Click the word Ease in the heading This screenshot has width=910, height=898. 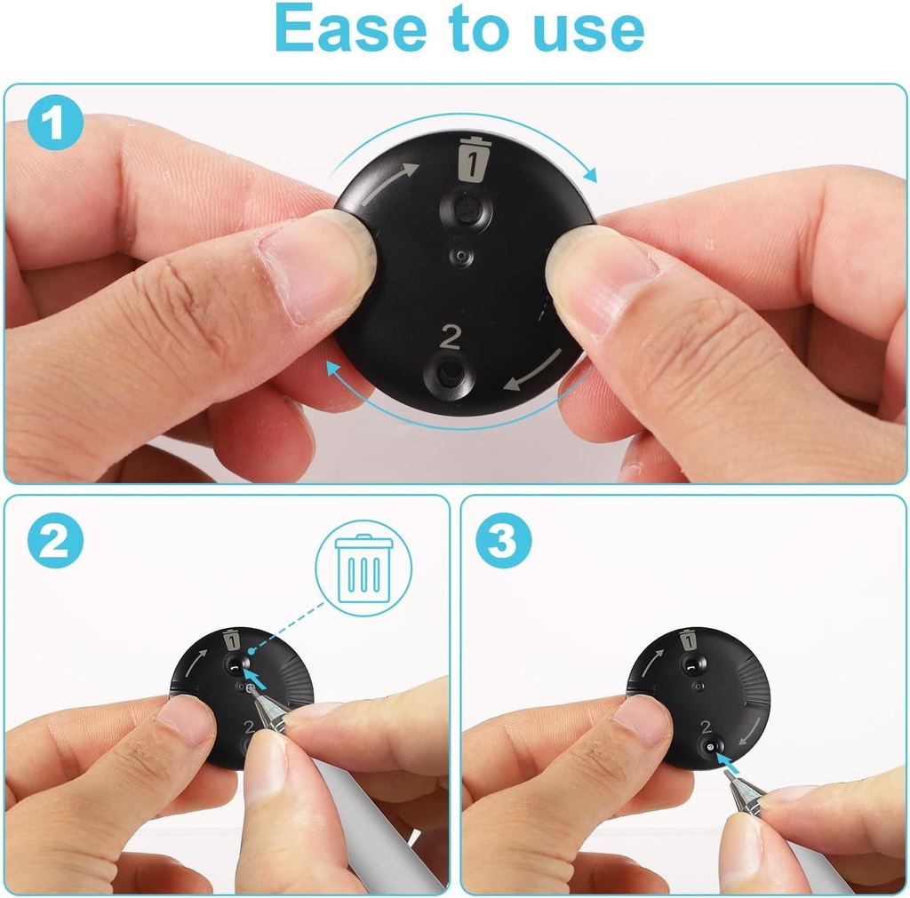350,28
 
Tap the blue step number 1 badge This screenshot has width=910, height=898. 54,123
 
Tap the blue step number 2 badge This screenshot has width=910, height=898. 55,540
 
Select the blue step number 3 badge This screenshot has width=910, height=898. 503,540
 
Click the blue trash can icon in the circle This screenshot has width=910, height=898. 363,568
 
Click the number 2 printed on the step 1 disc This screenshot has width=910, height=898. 451,337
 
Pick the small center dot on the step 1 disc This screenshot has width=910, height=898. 461,256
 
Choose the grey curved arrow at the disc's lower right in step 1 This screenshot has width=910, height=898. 535,371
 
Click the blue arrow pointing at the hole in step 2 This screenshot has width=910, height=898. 255,679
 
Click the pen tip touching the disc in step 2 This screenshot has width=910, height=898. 251,690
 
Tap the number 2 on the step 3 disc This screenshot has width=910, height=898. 706,727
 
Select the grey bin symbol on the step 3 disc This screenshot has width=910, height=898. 689,640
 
